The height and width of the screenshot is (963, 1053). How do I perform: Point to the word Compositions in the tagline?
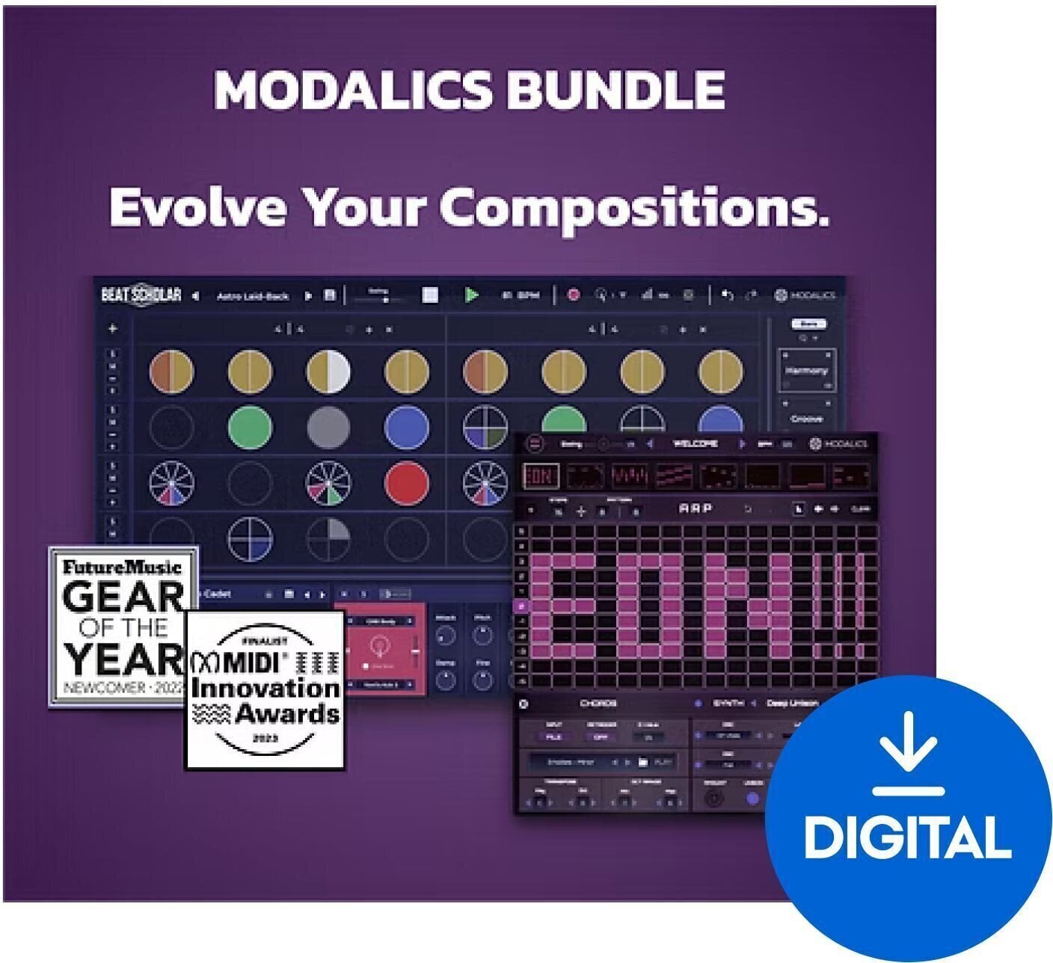(634, 209)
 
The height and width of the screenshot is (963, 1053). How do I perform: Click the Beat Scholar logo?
(141, 295)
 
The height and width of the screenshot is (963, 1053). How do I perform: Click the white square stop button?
(430, 295)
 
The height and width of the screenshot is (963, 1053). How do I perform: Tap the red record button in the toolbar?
(574, 295)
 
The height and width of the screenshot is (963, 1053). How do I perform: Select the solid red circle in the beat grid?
(406, 483)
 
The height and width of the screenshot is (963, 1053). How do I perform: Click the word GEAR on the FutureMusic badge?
(123, 597)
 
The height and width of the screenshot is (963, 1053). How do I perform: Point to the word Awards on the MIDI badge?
(286, 713)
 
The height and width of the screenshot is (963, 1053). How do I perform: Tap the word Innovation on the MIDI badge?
(265, 688)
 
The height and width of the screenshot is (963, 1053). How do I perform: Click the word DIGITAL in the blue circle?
(908, 837)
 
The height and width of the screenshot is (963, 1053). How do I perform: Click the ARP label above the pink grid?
(695, 508)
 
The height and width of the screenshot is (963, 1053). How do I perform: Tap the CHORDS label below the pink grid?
(598, 704)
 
